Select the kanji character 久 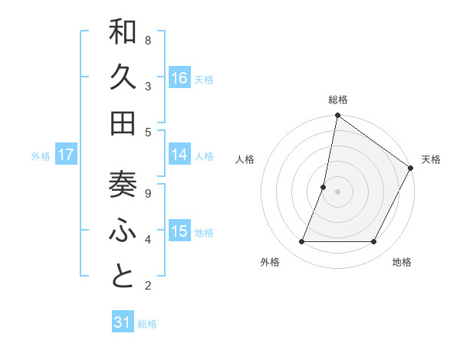123,79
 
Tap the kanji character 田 123,123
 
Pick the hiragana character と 123,277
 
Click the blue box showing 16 179,78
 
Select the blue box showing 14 179,155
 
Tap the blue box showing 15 179,231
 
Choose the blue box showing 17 66,155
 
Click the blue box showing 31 123,322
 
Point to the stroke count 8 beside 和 147,40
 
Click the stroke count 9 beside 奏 147,193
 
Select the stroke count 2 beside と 147,286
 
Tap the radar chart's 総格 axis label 337,100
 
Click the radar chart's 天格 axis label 431,159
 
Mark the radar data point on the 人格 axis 324,187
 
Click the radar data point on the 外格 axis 302,242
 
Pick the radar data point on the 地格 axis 374,242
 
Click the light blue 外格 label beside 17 41,155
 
